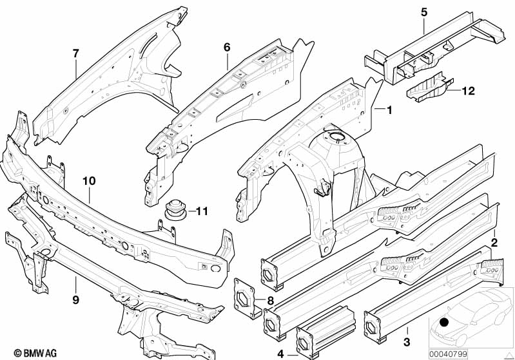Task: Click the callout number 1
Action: pos(389,110)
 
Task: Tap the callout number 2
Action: pos(494,243)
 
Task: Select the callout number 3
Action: pos(407,342)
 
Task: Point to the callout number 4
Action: pos(280,354)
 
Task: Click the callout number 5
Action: pos(424,12)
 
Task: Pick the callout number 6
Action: pos(227,48)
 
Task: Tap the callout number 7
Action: pos(76,53)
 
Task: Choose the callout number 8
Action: pos(270,301)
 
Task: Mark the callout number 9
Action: pos(76,299)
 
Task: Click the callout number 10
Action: pos(89,181)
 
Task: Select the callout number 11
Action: pos(202,211)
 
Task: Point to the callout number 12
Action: pos(468,91)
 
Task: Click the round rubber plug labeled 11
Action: pos(175,209)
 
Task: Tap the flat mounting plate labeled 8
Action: pos(246,298)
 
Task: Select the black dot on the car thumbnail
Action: pos(443,323)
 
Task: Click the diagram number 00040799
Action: pos(448,354)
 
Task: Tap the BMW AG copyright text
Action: pos(35,353)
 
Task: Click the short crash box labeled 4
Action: pos(325,332)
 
